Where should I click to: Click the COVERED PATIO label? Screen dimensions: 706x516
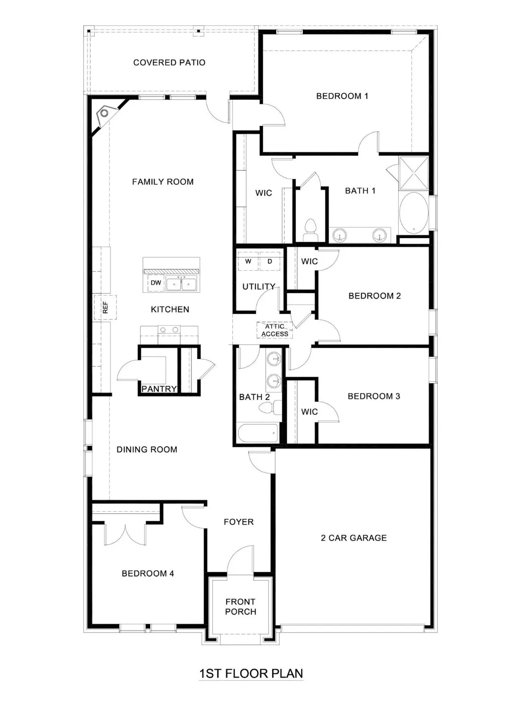coord(169,63)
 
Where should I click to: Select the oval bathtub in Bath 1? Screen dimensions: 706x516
coord(413,214)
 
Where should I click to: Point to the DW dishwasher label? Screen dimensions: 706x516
coord(156,283)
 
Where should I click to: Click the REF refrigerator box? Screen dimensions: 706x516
coord(105,307)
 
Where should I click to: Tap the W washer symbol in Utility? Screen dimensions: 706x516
coord(248,262)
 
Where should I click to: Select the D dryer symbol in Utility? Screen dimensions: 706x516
coord(270,262)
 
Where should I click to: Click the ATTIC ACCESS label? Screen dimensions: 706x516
coord(275,330)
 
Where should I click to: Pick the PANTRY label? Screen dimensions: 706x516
coord(159,389)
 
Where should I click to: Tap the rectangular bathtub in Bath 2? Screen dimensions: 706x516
coord(258,433)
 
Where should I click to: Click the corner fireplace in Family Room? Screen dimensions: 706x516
coord(105,113)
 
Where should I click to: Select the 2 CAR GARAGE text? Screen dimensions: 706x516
coord(354,538)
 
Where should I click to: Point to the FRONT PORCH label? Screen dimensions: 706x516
coord(240,607)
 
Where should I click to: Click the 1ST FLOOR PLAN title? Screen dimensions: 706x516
coord(251,674)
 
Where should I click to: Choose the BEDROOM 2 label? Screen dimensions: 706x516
coord(374,296)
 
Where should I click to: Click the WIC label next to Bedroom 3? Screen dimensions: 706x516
coord(309,412)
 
